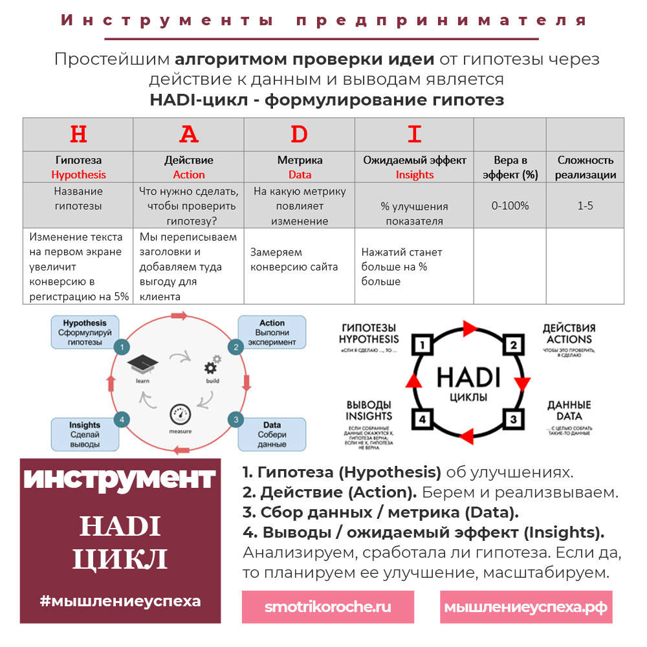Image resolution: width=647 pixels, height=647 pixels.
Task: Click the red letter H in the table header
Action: [78, 134]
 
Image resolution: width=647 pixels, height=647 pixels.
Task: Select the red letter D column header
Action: [299, 134]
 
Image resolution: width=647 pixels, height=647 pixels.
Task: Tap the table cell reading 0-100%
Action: [510, 206]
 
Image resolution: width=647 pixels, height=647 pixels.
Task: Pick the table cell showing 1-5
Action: [585, 206]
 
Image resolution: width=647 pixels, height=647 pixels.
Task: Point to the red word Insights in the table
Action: [414, 175]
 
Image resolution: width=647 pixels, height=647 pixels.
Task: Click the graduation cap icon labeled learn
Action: [143, 366]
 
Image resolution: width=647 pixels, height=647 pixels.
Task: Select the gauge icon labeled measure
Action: [179, 415]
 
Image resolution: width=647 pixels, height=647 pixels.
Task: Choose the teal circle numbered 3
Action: [236, 419]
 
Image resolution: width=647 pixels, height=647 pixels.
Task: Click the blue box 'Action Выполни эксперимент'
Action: [272, 333]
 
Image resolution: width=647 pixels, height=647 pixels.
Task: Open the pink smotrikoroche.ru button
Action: [327, 607]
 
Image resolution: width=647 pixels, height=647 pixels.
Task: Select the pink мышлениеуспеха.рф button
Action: [525, 607]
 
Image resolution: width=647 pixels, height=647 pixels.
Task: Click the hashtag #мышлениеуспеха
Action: [120, 600]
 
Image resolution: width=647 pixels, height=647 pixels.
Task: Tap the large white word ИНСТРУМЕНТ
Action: [120, 479]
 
